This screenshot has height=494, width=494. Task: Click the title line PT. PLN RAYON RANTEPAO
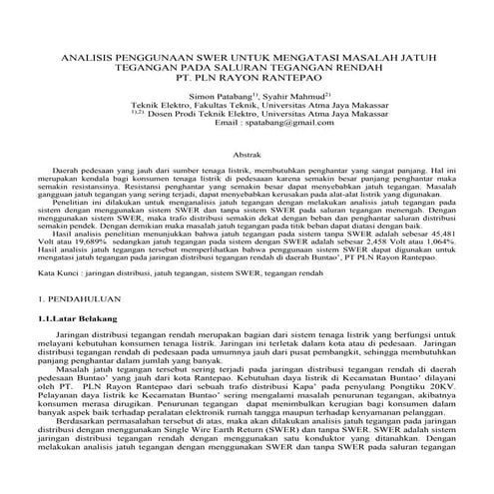(x=247, y=84)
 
